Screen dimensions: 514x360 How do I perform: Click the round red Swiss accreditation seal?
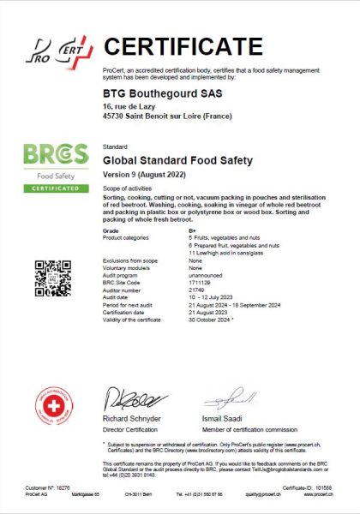[52, 404]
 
